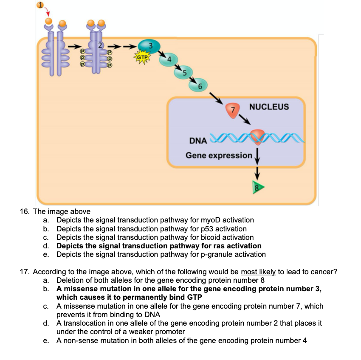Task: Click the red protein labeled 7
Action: (232, 110)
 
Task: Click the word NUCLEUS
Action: (269, 107)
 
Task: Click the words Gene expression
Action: (219, 155)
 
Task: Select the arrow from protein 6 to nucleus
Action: (217, 98)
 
